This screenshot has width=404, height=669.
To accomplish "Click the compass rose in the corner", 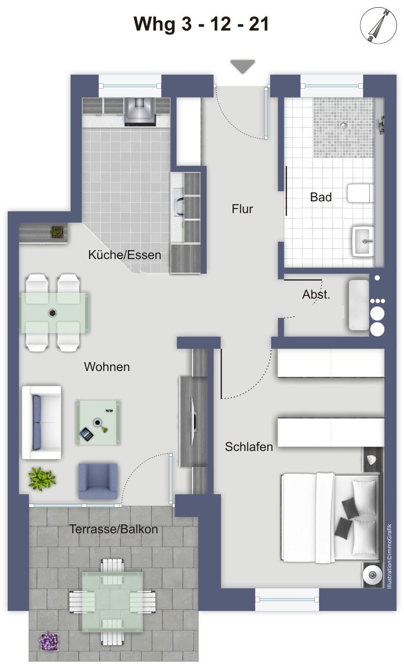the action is click(x=378, y=25).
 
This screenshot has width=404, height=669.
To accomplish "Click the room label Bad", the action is click(x=321, y=197).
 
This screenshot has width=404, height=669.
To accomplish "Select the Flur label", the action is click(x=242, y=209).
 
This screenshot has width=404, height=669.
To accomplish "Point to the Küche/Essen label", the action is click(x=124, y=255).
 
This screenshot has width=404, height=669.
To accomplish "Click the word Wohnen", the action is click(x=107, y=367).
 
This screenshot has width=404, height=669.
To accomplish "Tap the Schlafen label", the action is click(x=249, y=447).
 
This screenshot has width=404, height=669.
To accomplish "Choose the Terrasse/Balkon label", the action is click(x=114, y=529).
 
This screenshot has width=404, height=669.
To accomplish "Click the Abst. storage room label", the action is click(x=316, y=295).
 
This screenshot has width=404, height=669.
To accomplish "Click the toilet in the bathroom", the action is click(x=360, y=193).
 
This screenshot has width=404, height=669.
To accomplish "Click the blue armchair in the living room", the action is click(x=98, y=481).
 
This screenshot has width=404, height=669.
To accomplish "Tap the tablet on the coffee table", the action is click(x=87, y=434).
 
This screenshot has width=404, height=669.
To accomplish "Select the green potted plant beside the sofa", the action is click(x=41, y=479).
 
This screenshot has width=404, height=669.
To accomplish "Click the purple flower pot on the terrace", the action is click(x=48, y=641).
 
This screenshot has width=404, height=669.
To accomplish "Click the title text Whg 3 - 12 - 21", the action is click(x=201, y=24).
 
